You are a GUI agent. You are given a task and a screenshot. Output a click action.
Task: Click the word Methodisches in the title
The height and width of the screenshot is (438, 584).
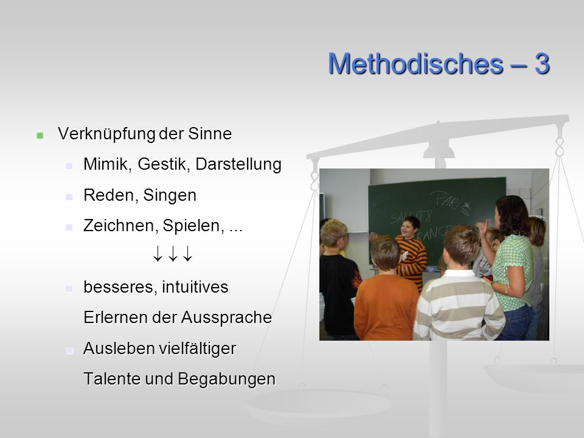415,64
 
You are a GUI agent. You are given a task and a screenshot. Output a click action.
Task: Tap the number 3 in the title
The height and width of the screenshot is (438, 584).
542,64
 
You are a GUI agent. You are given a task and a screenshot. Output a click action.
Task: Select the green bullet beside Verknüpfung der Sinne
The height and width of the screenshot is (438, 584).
40,136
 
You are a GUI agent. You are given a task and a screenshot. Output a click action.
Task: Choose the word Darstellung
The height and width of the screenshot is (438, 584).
238,165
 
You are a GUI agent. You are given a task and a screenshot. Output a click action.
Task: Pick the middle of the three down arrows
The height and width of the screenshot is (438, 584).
172,253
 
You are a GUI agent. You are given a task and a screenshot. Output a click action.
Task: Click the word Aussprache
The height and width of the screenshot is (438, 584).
226,318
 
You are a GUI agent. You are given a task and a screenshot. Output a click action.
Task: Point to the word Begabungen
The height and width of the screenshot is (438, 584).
226,379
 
